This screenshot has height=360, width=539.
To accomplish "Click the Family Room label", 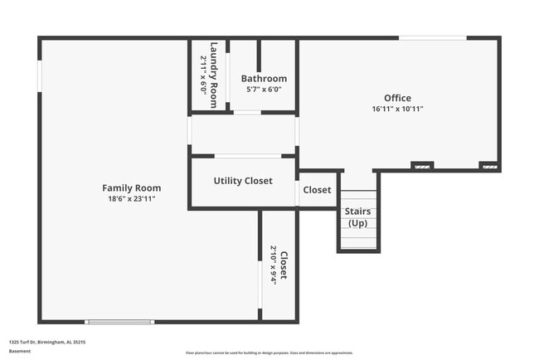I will (131, 188).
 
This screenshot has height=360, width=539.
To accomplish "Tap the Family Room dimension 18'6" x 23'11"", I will (131, 199).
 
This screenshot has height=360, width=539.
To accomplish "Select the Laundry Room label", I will (214, 75).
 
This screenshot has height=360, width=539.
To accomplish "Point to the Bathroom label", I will (264, 79).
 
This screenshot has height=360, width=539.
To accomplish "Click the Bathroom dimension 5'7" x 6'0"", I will (264, 90).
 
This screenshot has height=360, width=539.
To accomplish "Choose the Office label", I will (397, 98).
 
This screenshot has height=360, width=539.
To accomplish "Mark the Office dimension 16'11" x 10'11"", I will (397, 109).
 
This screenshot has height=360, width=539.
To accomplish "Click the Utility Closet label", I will (243, 181).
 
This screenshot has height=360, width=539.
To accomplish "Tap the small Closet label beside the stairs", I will (317, 190).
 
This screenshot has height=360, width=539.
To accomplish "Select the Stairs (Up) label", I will (357, 217).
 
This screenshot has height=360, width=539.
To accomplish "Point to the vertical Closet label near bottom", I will (284, 265).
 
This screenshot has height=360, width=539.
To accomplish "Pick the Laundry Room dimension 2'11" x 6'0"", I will (204, 75).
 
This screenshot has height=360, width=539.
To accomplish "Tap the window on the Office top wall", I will (432, 37).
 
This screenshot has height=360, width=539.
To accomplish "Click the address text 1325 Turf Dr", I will (47, 342).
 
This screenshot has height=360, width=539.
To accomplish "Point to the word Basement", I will (20, 351).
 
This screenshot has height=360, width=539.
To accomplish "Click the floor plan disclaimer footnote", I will (269, 353).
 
